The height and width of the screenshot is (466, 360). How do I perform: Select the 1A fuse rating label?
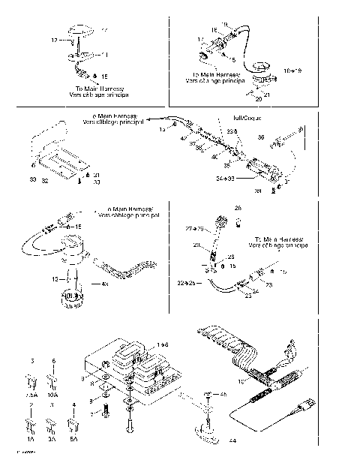tap(31, 440)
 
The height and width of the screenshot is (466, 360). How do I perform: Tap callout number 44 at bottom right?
tap(233, 440)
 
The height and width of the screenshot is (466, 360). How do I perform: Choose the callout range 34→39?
tap(226, 179)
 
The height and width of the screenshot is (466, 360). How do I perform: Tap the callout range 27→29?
tap(184, 228)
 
